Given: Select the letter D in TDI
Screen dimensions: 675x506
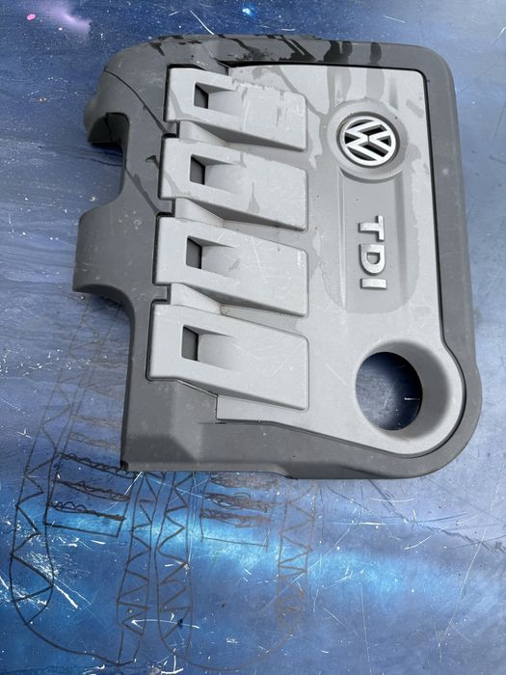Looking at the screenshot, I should (x=371, y=256).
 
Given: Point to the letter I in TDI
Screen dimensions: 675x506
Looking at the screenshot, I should (x=372, y=281).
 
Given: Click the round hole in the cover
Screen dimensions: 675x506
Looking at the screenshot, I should (x=388, y=391).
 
